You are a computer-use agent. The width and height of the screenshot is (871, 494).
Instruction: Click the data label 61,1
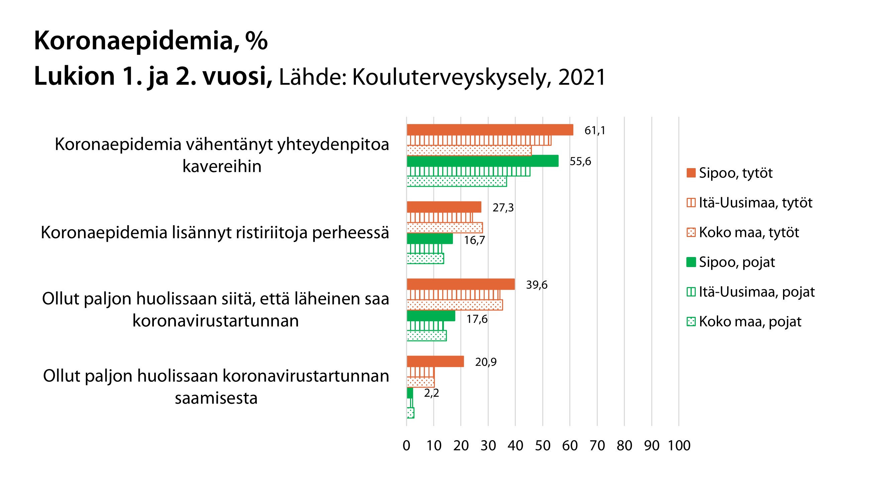[594, 130]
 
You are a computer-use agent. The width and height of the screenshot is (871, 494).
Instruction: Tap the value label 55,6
[580, 161]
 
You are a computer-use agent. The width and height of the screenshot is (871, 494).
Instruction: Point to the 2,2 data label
[431, 393]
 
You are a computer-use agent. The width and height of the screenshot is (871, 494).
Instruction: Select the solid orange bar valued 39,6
[461, 284]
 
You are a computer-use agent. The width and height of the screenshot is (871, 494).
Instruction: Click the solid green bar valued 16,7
[430, 239]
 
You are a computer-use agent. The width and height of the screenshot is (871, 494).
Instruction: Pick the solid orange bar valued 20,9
[435, 362]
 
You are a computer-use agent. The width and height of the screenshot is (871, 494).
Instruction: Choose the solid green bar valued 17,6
[431, 316]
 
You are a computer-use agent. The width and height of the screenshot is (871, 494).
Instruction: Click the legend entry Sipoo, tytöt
[735, 173]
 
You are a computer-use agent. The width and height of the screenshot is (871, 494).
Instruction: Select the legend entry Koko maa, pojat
[750, 322]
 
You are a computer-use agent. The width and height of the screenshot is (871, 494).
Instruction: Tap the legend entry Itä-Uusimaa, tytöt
[755, 203]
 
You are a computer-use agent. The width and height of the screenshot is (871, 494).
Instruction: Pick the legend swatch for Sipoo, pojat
[691, 262]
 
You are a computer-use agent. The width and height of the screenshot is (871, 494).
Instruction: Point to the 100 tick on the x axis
[679, 446]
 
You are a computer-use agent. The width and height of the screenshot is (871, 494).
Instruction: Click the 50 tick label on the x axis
[543, 446]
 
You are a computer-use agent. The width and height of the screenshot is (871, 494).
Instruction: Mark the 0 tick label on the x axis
[406, 446]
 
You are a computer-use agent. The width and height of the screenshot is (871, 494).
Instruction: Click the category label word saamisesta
[216, 398]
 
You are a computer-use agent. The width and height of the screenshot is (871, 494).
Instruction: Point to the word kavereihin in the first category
[222, 166]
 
